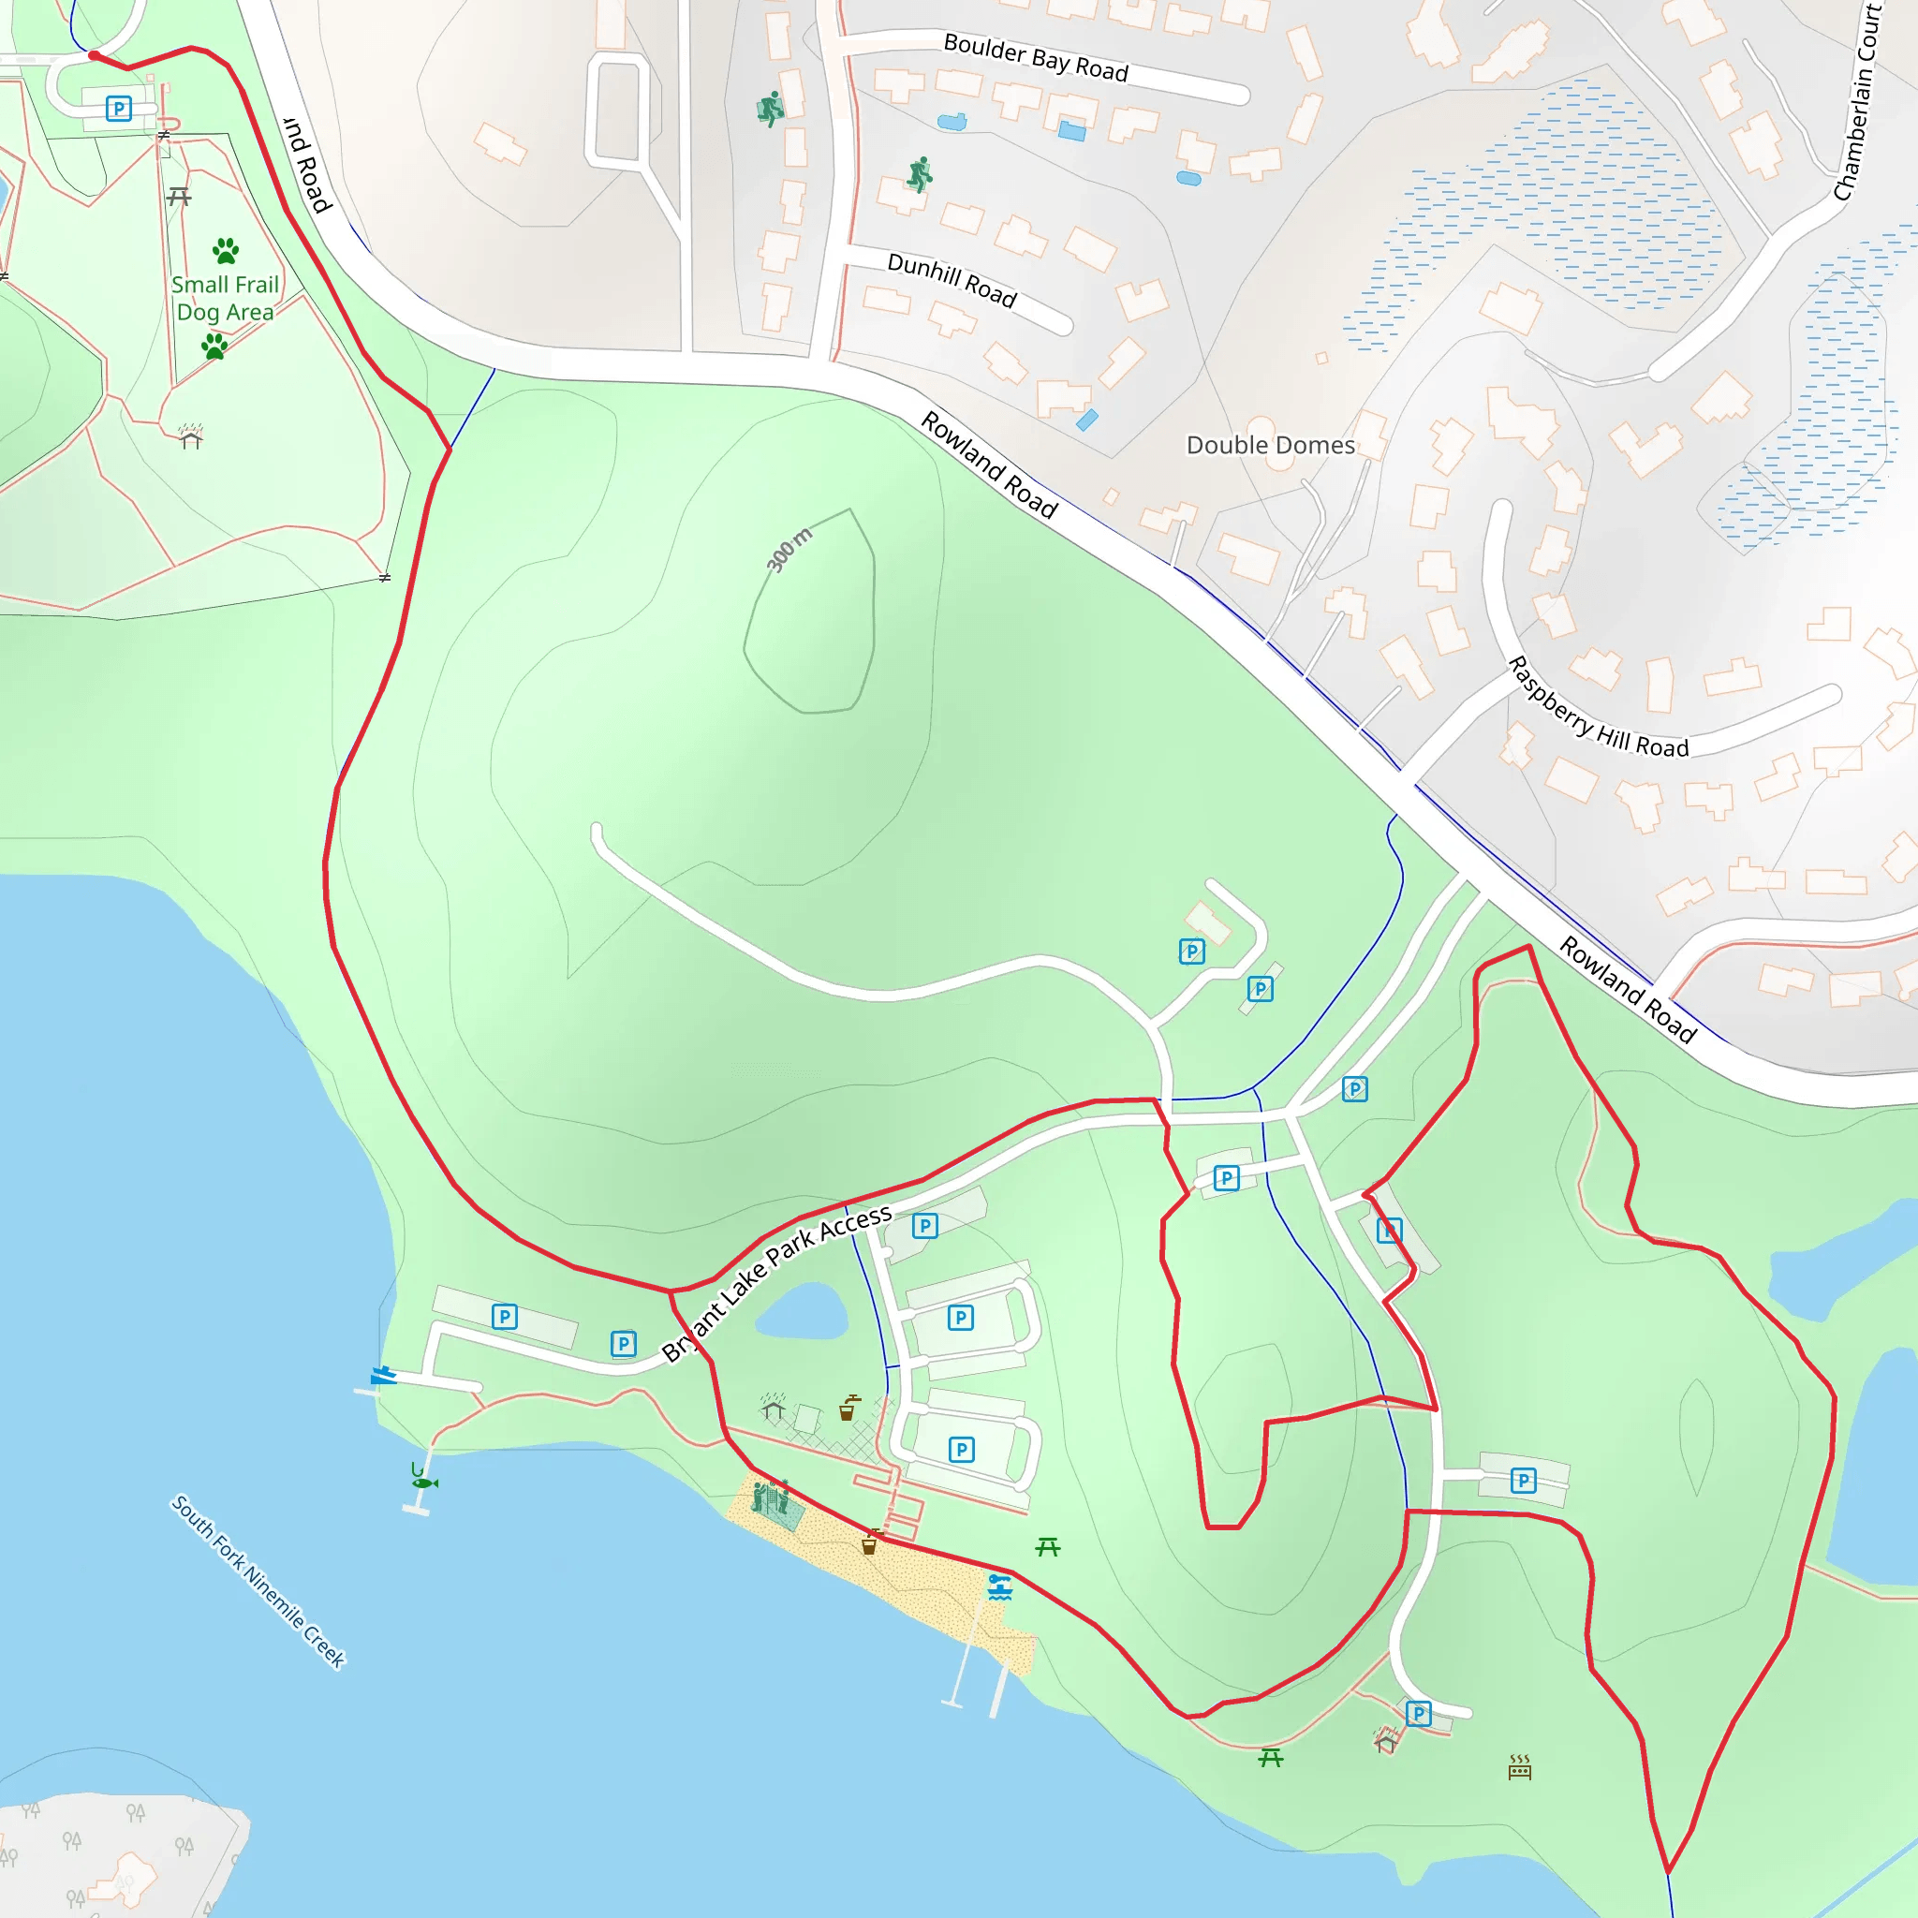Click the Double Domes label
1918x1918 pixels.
pos(1270,445)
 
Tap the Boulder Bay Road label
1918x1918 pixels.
pos(1036,57)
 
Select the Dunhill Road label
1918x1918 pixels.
pos(952,280)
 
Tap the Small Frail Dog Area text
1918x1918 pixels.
pos(225,298)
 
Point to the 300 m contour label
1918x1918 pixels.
pos(789,549)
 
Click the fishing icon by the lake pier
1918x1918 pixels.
pos(424,1482)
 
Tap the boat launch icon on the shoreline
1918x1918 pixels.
pos(383,1376)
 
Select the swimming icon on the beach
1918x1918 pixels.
pos(999,1586)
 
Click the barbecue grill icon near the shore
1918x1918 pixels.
pos(1520,1767)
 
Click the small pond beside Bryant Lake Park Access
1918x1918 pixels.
pos(803,1312)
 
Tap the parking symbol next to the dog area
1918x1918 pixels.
pos(119,109)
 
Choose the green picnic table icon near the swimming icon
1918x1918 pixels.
pos(1047,1547)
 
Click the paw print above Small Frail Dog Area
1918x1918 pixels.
pos(227,249)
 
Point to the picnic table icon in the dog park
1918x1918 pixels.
pos(179,197)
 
